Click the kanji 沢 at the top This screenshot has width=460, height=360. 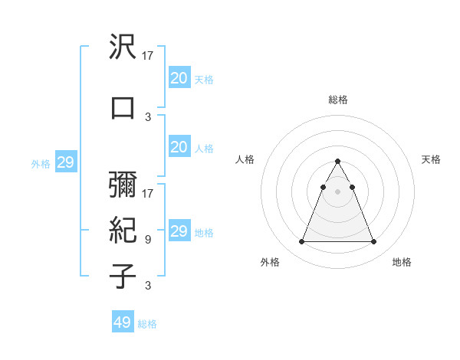point(123,49)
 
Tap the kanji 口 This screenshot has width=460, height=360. point(123,108)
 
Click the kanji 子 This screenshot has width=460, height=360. point(123,277)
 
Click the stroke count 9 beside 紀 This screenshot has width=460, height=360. point(148,240)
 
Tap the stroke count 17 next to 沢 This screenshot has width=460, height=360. point(148,56)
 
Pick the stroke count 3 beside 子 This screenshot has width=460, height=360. point(148,286)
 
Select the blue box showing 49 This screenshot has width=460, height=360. point(123,322)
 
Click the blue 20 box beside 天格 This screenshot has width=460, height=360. point(179,77)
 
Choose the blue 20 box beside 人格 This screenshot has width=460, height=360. point(179,147)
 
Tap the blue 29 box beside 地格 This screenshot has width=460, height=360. point(179,231)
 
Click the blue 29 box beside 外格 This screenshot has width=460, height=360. point(65,162)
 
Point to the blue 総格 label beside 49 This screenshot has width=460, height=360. point(147,324)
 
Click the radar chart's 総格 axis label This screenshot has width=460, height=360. point(338,100)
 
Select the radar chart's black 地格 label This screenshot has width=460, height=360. point(402,262)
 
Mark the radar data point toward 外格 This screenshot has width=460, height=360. point(302,242)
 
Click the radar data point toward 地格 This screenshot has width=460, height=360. point(373,242)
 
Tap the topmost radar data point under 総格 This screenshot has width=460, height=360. point(338,161)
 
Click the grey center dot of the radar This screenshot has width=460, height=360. point(338,191)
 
